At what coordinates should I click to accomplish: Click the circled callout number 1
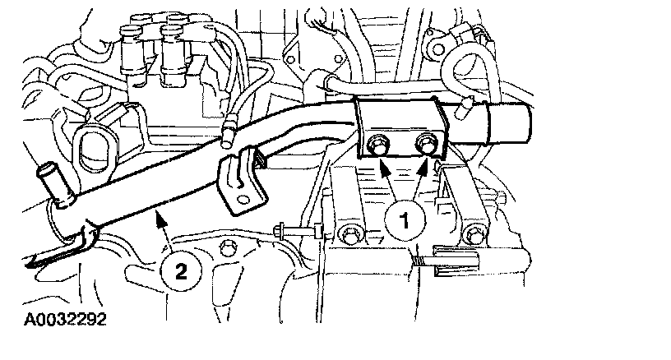(405, 220)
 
